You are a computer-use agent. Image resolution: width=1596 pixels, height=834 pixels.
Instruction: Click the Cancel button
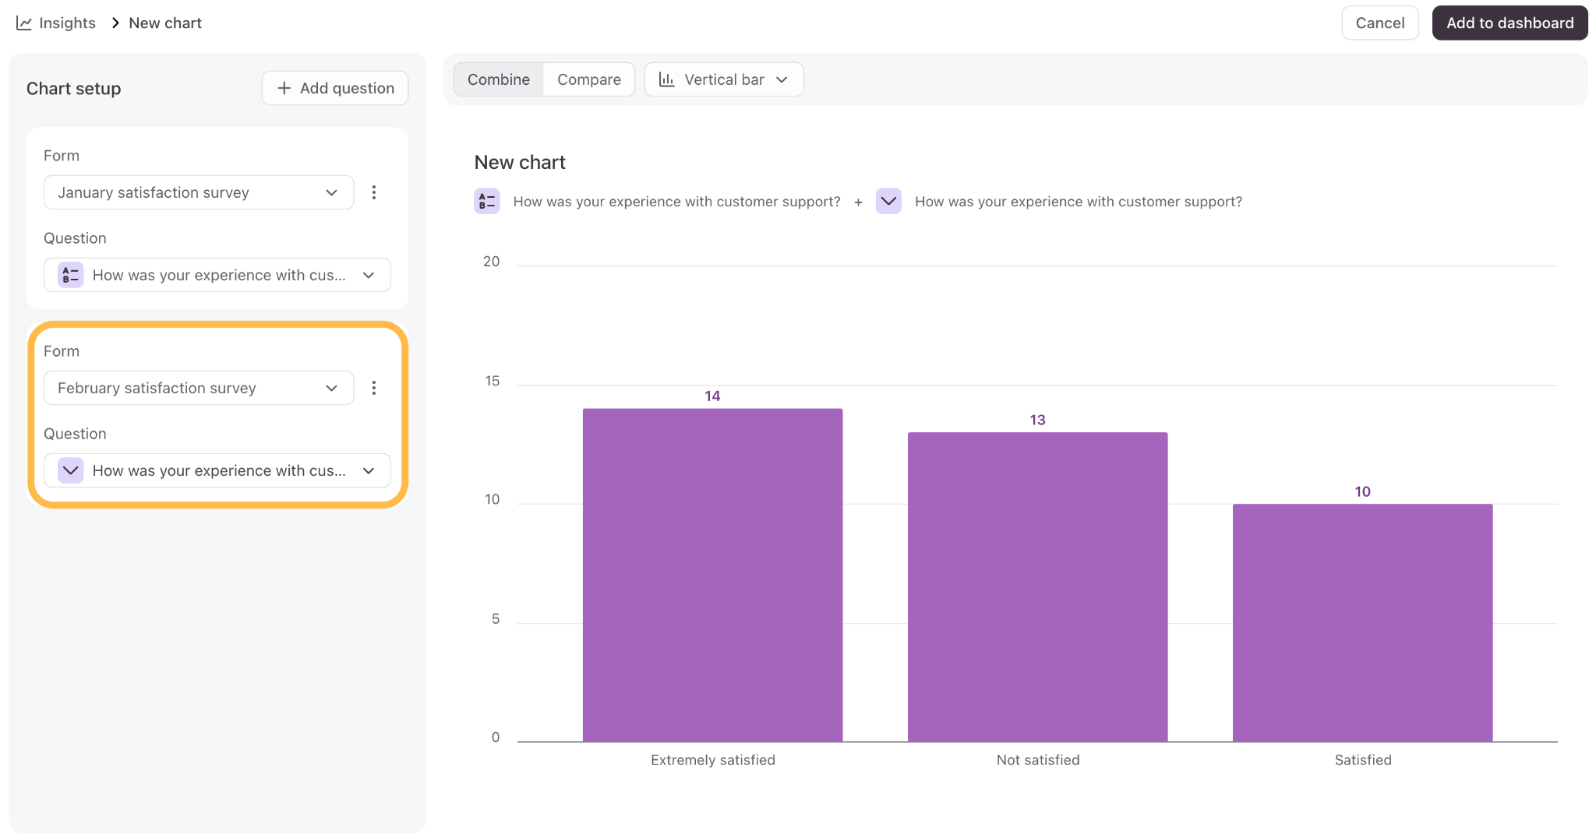pyautogui.click(x=1379, y=23)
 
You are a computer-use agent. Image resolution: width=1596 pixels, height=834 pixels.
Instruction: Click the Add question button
pyautogui.click(x=335, y=88)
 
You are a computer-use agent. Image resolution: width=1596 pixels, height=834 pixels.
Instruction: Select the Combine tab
pyautogui.click(x=499, y=79)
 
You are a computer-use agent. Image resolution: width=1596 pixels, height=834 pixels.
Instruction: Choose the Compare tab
pyautogui.click(x=589, y=79)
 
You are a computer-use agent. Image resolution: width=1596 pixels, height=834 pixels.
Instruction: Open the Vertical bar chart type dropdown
pyautogui.click(x=724, y=79)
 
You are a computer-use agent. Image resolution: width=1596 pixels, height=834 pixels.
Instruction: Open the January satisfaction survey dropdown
pyautogui.click(x=199, y=192)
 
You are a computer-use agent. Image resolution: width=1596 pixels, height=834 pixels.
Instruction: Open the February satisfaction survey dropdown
pyautogui.click(x=199, y=388)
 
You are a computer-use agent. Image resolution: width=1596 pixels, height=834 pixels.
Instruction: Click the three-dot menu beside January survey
pyautogui.click(x=374, y=192)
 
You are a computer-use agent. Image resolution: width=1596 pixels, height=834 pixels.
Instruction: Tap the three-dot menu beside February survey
pyautogui.click(x=374, y=388)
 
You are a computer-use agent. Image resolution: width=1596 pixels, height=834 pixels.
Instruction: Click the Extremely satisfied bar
pyautogui.click(x=712, y=575)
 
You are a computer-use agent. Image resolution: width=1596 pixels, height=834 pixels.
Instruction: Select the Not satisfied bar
pyautogui.click(x=1037, y=587)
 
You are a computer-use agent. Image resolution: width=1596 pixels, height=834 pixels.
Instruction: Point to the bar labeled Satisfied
pyautogui.click(x=1362, y=623)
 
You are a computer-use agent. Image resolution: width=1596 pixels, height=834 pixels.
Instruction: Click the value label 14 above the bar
pyautogui.click(x=712, y=396)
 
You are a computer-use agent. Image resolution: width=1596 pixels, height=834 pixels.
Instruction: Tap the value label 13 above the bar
pyautogui.click(x=1037, y=420)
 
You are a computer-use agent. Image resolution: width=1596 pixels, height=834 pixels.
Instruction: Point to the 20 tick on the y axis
pyautogui.click(x=491, y=262)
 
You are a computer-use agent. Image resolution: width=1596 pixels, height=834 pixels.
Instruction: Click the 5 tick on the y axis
pyautogui.click(x=496, y=619)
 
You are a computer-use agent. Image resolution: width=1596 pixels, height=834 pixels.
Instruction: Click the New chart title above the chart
pyautogui.click(x=520, y=162)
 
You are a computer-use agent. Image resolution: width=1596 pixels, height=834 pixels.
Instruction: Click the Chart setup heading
pyautogui.click(x=74, y=89)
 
